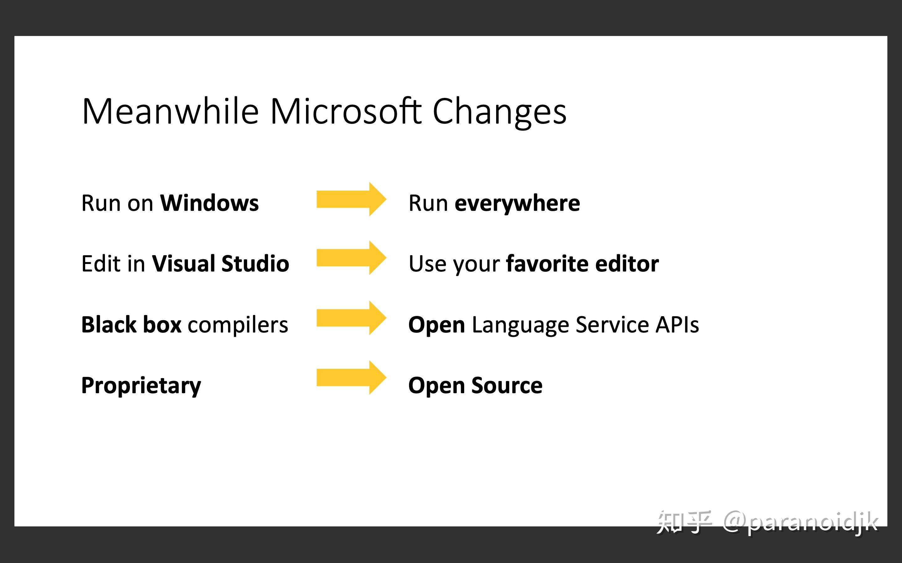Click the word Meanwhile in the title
tap(170, 111)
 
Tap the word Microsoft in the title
tap(345, 111)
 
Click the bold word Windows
tap(209, 203)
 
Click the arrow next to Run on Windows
tap(351, 199)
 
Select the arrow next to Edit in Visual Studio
tap(351, 258)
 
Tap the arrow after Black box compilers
tap(351, 317)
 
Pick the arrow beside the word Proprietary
tap(351, 378)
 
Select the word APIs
tap(677, 325)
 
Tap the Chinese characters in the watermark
tap(684, 522)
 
